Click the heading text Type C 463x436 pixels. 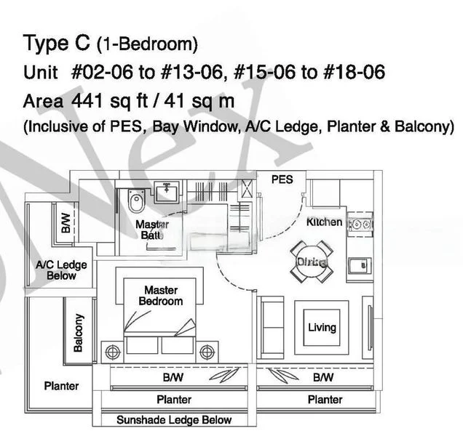pos(56,44)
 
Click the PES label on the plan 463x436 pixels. pos(282,179)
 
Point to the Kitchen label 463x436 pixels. pos(324,222)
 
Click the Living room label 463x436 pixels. pos(321,328)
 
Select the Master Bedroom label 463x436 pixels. pos(161,296)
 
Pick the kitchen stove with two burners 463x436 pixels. pos(360,225)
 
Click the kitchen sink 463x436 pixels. pos(360,265)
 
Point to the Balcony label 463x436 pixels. pos(79,333)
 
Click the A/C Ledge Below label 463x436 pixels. pos(61,271)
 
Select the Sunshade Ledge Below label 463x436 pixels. pos(174,420)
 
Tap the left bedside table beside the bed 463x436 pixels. pos(113,352)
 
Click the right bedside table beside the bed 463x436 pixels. pos(207,352)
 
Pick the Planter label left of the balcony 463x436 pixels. pos(61,386)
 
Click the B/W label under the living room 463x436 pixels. pos(323,378)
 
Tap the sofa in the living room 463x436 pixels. pos(272,325)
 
